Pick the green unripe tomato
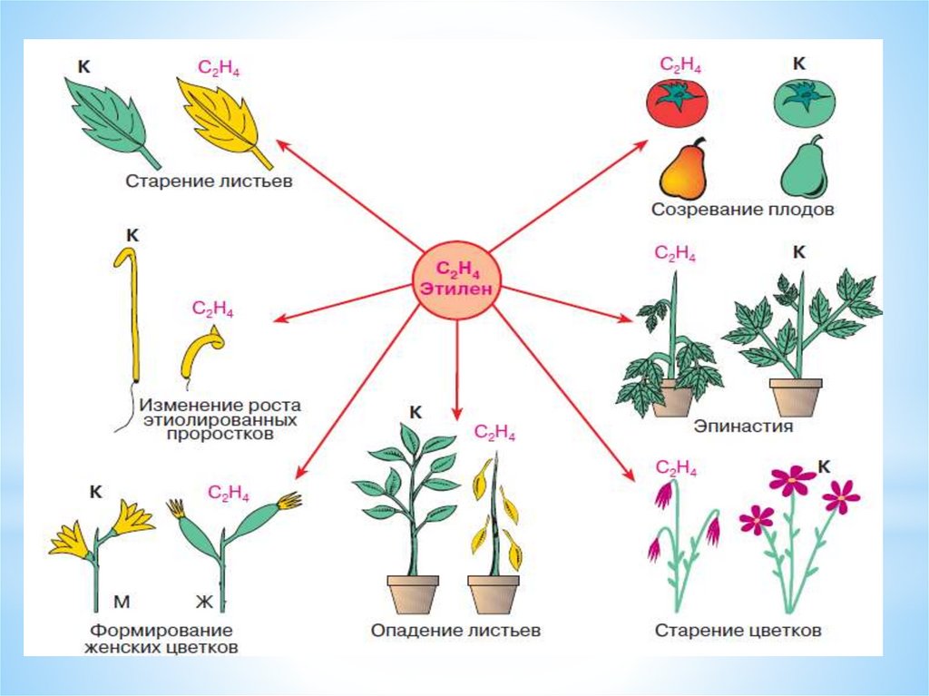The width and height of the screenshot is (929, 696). pyautogui.click(x=804, y=101)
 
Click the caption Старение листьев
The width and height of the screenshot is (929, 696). pyautogui.click(x=208, y=181)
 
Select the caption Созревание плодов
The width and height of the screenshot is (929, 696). pyautogui.click(x=742, y=210)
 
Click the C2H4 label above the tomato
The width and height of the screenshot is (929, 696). pyautogui.click(x=680, y=65)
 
